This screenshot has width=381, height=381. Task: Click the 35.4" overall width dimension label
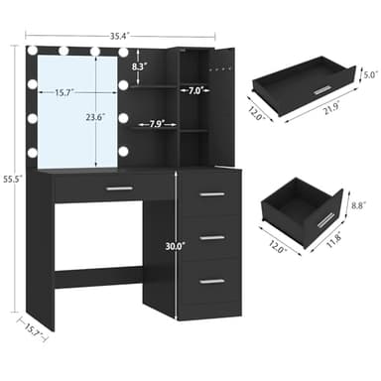pyautogui.click(x=119, y=36)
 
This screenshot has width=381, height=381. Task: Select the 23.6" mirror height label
pyautogui.click(x=96, y=117)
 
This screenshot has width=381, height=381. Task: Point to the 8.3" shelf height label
pyautogui.click(x=139, y=66)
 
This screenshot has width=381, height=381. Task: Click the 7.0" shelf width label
pyautogui.click(x=194, y=90)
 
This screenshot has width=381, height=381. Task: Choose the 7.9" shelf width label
pyautogui.click(x=157, y=124)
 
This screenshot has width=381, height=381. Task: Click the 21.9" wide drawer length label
pyautogui.click(x=329, y=109)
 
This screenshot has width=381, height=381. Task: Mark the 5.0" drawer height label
pyautogui.click(x=370, y=75)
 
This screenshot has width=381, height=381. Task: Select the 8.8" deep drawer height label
pyautogui.click(x=358, y=205)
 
